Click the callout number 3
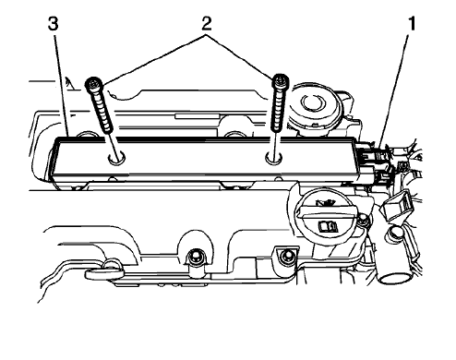tap(54, 24)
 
